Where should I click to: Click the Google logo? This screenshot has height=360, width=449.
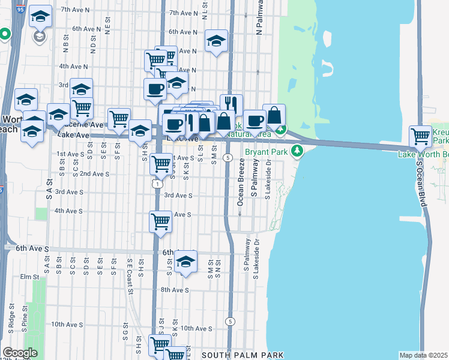pos(20,353)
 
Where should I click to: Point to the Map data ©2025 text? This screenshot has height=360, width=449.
pos(423,355)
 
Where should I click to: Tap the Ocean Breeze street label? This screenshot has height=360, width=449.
pos(240,182)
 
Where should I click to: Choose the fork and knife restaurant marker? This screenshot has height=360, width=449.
pos(231,104)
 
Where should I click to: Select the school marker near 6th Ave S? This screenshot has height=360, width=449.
pos(186,261)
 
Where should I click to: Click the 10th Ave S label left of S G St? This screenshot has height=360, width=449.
pos(66,325)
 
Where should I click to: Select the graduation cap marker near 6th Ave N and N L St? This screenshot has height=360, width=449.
pos(216,41)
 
